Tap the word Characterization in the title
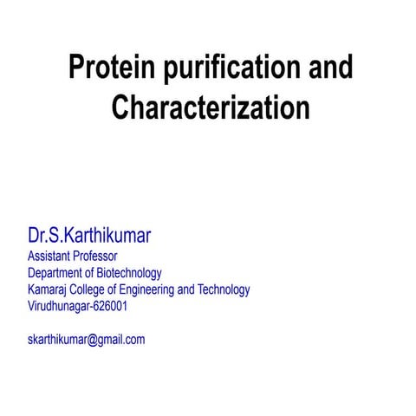click(x=211, y=108)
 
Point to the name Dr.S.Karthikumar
click(x=95, y=237)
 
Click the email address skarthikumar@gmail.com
click(x=87, y=339)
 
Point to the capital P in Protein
click(x=76, y=68)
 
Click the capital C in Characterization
click(x=122, y=108)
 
